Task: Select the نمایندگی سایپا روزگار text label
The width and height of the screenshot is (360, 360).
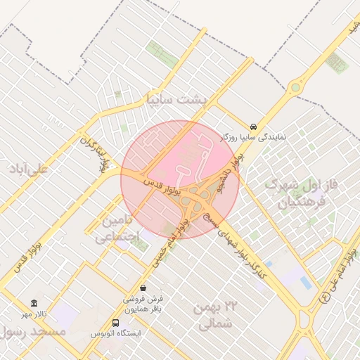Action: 254,137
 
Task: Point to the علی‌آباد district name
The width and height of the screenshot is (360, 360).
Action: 29,169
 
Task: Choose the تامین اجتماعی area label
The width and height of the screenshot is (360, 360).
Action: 112,229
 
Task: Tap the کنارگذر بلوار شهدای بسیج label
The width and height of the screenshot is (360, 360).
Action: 232,246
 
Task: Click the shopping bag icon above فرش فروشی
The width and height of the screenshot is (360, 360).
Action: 143,288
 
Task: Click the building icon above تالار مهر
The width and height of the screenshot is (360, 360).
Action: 34,302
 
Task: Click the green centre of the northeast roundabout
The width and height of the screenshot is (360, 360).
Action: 295,88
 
